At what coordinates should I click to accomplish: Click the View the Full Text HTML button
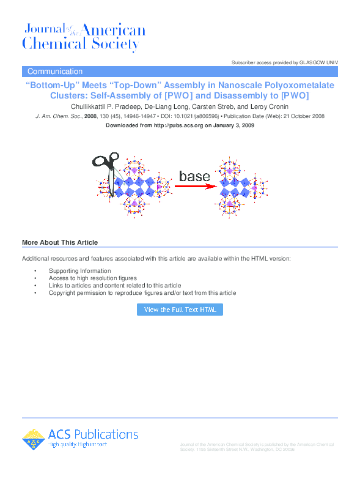(180, 310)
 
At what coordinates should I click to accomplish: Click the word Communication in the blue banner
(55, 72)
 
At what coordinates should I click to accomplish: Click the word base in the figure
(194, 176)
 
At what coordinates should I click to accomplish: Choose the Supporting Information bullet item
(80, 270)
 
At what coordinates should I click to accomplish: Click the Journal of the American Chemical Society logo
(84, 37)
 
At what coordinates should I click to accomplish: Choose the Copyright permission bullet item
(142, 292)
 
